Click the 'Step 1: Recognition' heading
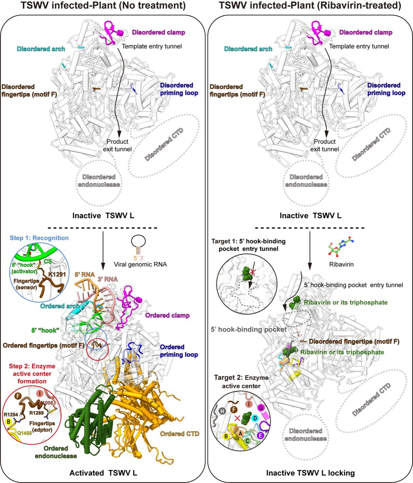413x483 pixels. [39, 238]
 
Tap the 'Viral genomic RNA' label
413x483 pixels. [140, 264]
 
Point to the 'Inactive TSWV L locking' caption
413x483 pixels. [310, 473]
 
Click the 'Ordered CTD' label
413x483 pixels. [180, 434]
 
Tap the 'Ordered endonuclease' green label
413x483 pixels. [56, 452]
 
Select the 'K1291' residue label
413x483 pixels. [57, 274]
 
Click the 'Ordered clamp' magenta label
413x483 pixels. [167, 315]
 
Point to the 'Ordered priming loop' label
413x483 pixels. [179, 351]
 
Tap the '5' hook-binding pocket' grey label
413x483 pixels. [249, 329]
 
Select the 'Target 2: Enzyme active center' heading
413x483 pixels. [241, 382]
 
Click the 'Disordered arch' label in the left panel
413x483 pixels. [41, 49]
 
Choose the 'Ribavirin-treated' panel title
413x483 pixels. [310, 6]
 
